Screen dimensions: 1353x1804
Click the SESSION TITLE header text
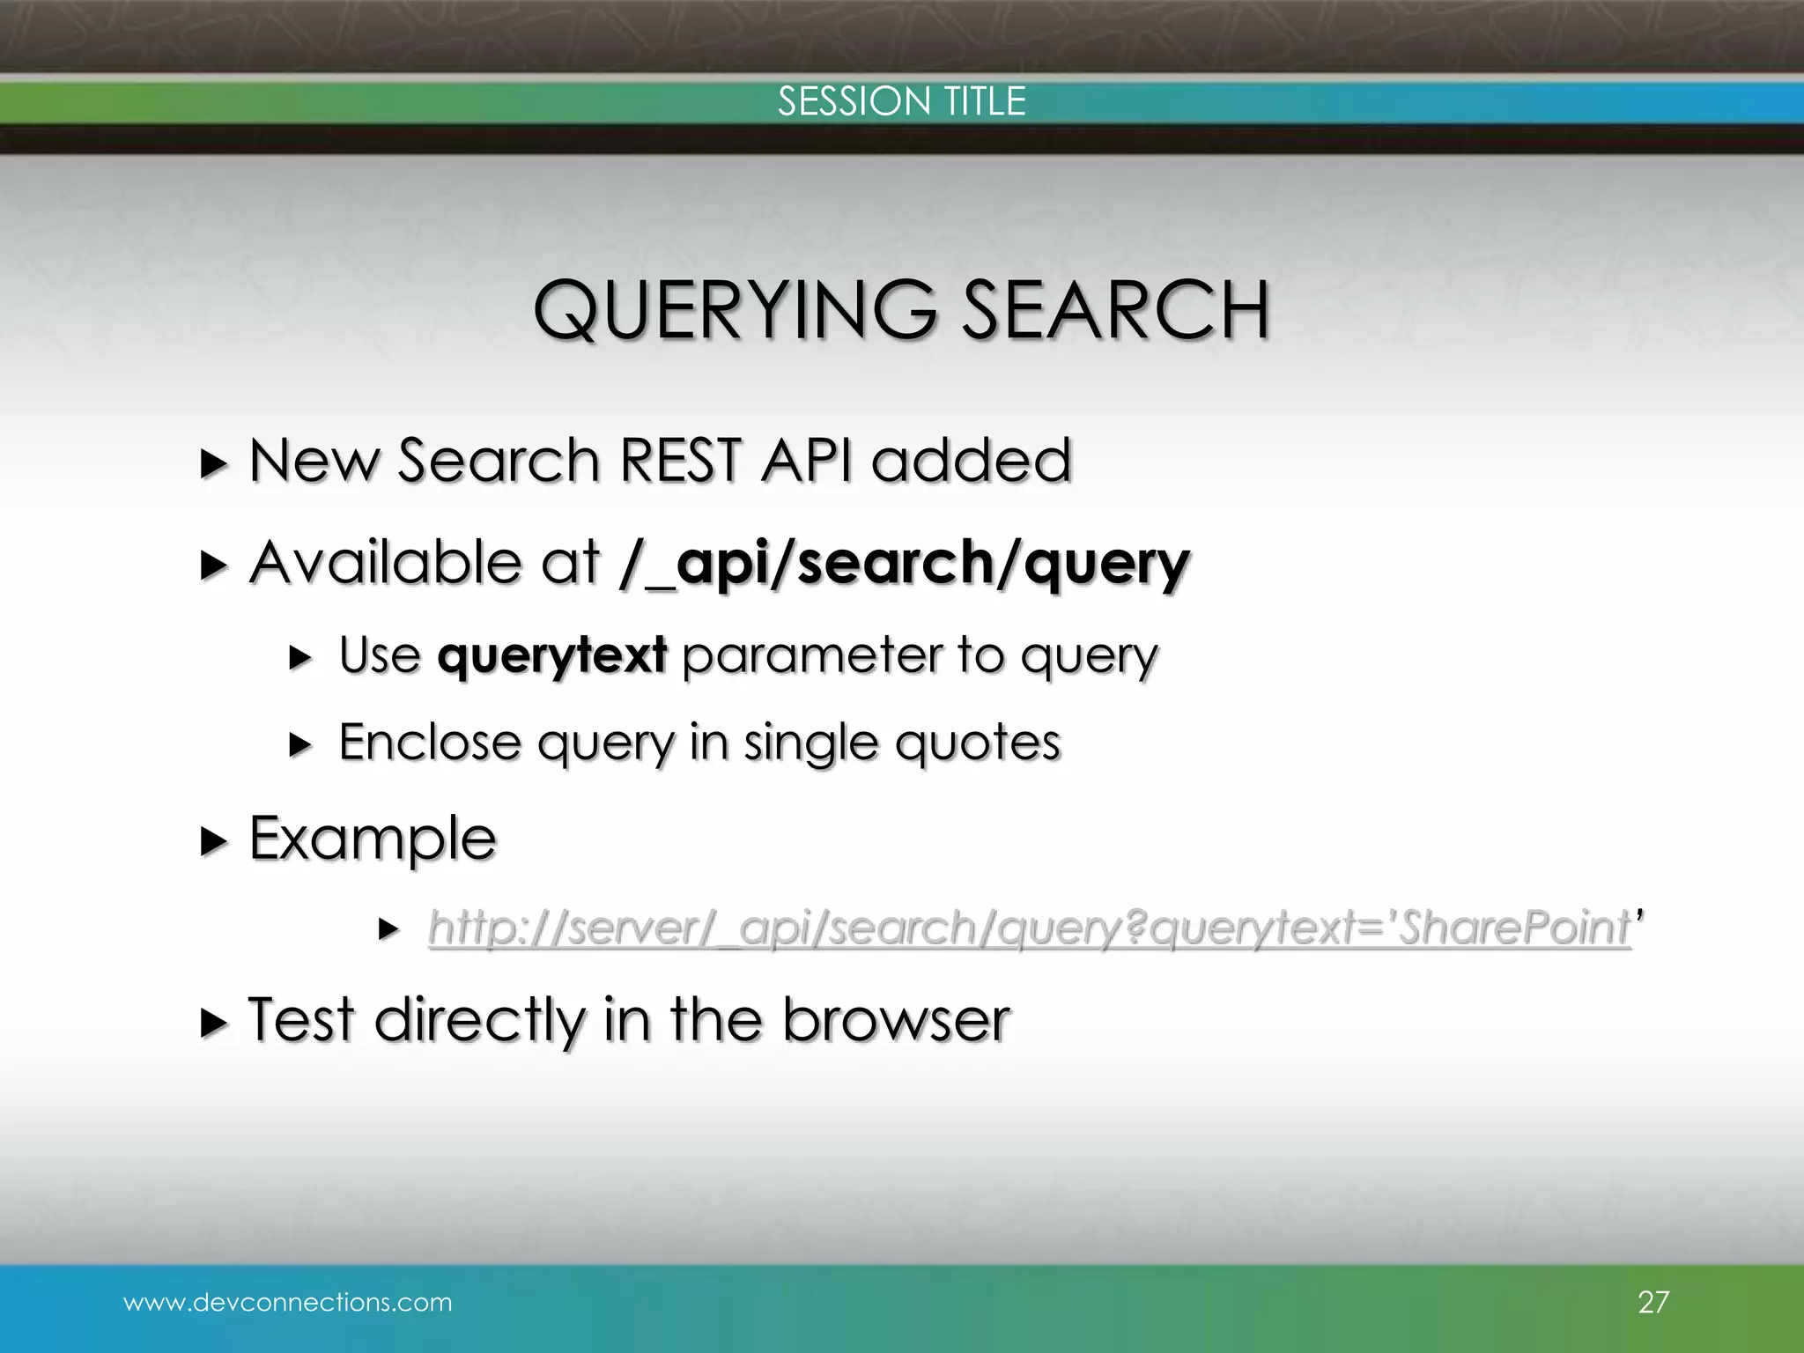pos(901,101)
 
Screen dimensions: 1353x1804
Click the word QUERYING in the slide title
pos(736,310)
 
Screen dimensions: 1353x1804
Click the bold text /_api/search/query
pos(905,564)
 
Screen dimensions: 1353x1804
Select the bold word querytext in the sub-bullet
pos(552,655)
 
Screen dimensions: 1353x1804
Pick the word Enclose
pos(430,742)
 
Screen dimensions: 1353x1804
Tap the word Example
pos(373,839)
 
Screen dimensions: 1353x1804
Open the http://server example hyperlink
pos(1028,928)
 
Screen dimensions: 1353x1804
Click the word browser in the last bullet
pos(896,1020)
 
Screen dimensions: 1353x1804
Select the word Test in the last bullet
pos(301,1020)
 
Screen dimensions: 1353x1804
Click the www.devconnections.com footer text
pos(288,1302)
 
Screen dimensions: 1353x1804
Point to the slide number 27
pos(1652,1302)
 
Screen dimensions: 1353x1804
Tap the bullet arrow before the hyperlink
pos(388,928)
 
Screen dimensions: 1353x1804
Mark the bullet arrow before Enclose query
pos(300,745)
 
